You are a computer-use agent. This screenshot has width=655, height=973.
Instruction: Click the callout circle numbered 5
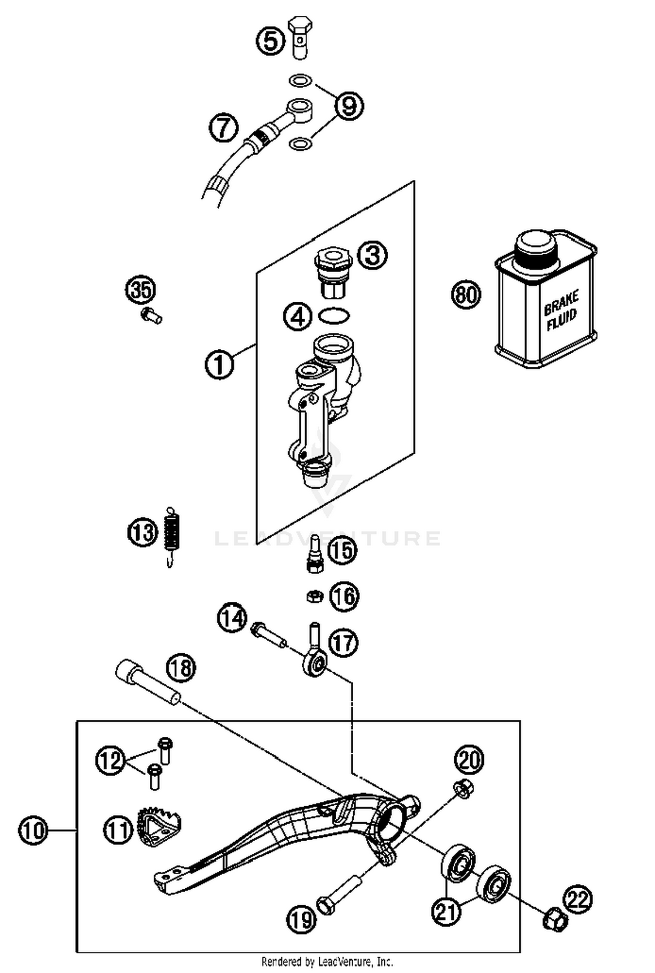(x=270, y=41)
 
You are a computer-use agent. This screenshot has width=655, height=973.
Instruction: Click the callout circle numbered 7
(x=223, y=128)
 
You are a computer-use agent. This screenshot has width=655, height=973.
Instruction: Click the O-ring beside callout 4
(x=334, y=316)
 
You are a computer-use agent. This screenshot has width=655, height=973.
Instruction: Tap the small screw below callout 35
(x=152, y=315)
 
